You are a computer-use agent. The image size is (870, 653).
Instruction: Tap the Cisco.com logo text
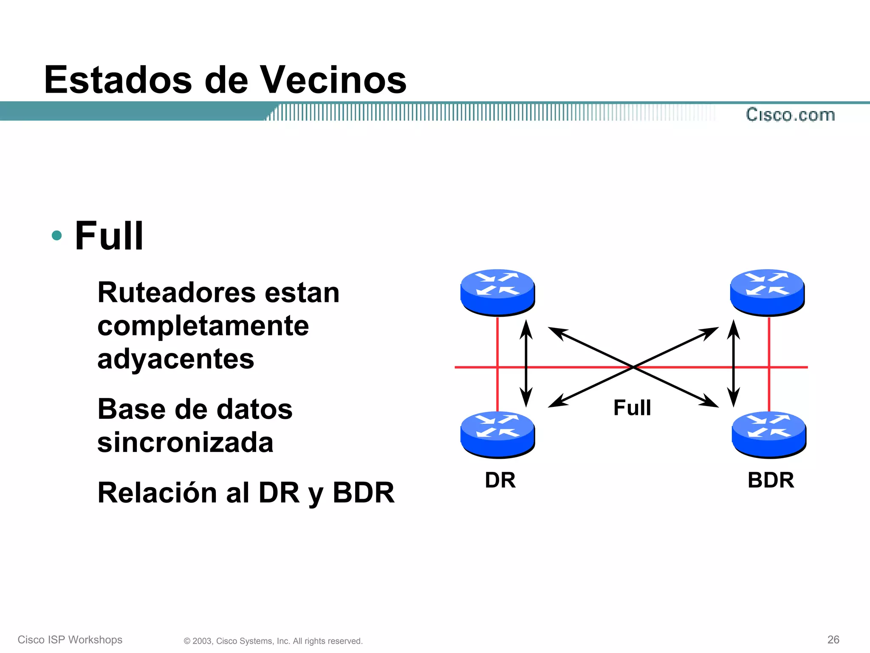[x=790, y=115]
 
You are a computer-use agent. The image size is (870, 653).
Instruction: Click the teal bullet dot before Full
[x=56, y=235]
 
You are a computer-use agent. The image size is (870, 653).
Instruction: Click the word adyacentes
[x=175, y=359]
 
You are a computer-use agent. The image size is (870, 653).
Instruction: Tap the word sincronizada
[x=185, y=442]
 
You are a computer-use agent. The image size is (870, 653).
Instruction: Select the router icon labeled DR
[x=497, y=434]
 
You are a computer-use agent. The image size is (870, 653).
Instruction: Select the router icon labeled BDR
[x=769, y=434]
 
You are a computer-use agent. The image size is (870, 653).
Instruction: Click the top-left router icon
[x=497, y=292]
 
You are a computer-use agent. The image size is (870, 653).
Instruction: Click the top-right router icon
[x=767, y=292]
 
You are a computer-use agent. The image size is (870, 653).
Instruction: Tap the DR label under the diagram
[x=500, y=480]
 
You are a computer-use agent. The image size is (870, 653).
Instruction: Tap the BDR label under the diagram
[x=771, y=480]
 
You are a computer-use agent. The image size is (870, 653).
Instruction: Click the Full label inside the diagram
[x=632, y=408]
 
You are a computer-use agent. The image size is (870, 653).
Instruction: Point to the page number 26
[x=833, y=639]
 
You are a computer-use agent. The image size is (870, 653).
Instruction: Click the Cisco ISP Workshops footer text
[x=70, y=640]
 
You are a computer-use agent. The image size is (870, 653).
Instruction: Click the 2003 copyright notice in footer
[x=273, y=641]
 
